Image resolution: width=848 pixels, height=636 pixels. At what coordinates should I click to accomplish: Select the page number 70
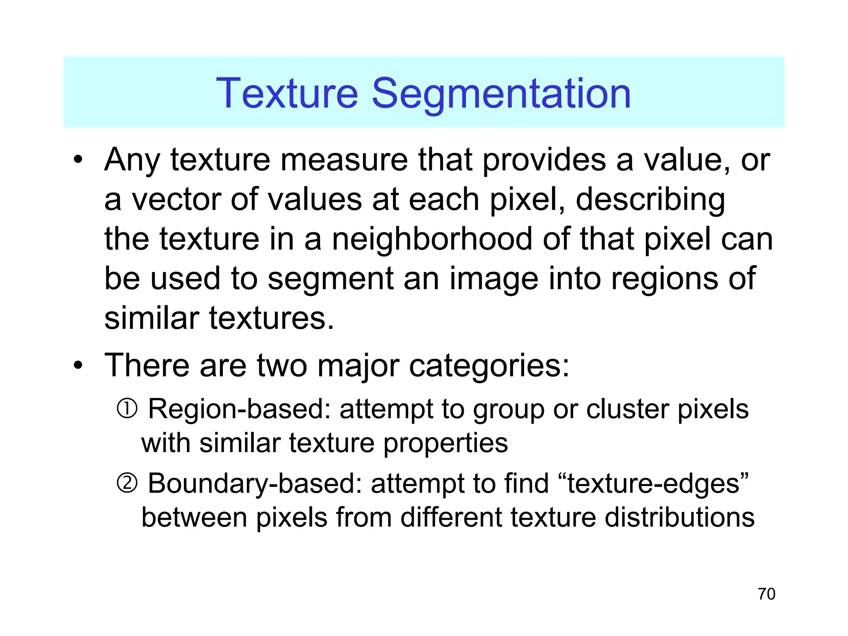[x=766, y=594]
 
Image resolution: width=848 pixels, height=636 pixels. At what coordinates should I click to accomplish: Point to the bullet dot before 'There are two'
[x=78, y=366]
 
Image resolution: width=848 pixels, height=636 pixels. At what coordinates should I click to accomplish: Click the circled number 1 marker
[x=127, y=409]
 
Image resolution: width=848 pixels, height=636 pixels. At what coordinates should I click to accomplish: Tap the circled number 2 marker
[x=127, y=483]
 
